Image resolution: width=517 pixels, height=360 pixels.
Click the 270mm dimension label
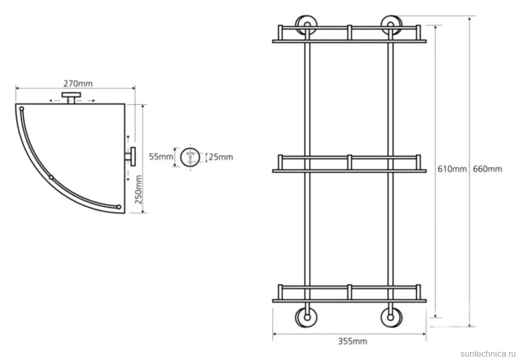pyautogui.click(x=78, y=84)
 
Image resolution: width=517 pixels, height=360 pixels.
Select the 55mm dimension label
pyautogui.click(x=161, y=156)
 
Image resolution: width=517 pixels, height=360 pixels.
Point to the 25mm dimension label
pyautogui.click(x=221, y=157)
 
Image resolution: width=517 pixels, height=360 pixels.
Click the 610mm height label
pyautogui.click(x=452, y=169)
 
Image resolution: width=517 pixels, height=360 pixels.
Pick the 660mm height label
pyautogui.click(x=487, y=169)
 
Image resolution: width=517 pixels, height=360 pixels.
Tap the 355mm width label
pyautogui.click(x=352, y=341)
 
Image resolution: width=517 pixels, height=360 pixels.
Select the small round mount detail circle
pyautogui.click(x=190, y=157)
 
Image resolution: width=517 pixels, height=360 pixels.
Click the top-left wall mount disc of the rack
pyautogui.click(x=306, y=25)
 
